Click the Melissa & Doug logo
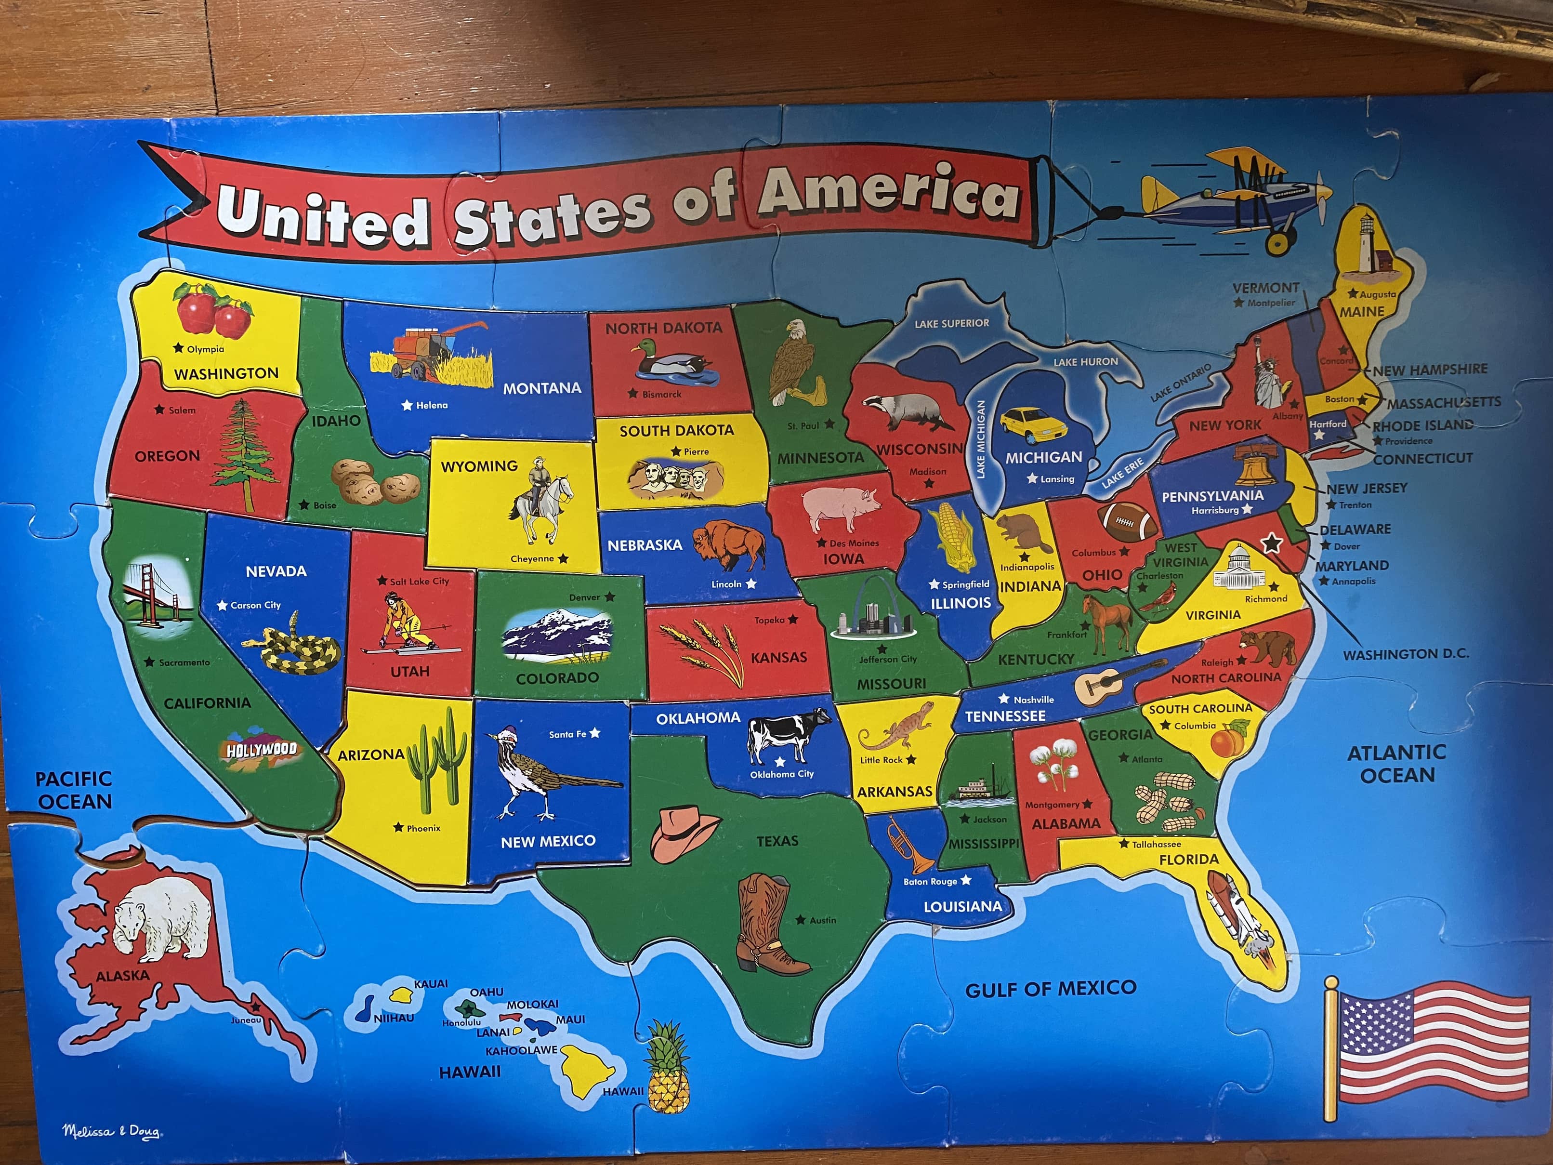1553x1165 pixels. coord(111,1131)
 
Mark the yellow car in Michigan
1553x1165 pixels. coord(1033,424)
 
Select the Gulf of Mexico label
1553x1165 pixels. coord(1050,989)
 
